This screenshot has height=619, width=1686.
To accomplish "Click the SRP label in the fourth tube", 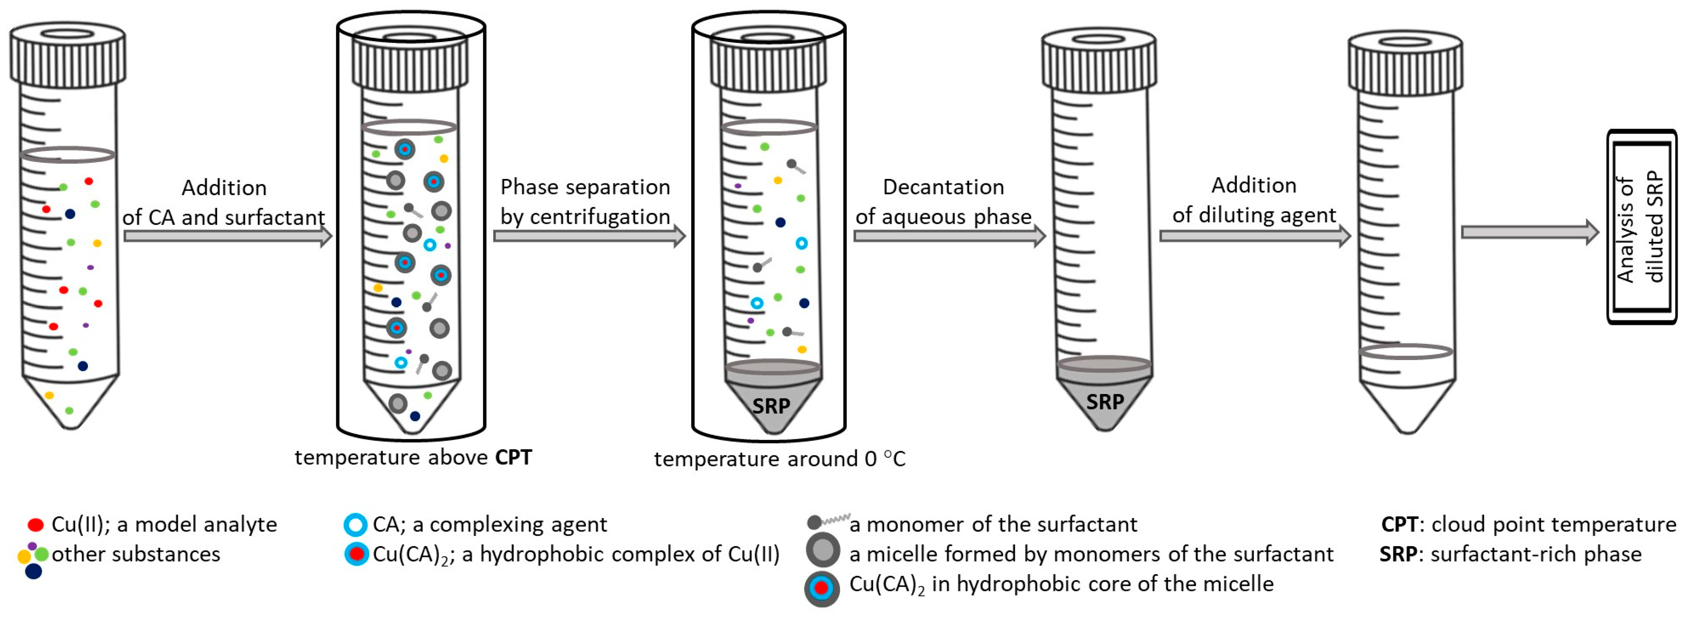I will pyautogui.click(x=1105, y=402).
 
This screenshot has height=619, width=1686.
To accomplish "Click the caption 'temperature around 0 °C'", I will pyautogui.click(x=779, y=459).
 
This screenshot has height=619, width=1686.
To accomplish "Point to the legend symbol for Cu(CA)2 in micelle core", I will pyautogui.click(x=821, y=588).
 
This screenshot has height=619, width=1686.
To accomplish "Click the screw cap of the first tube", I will pyautogui.click(x=67, y=55).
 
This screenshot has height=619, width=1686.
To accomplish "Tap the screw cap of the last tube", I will pyautogui.click(x=1405, y=63).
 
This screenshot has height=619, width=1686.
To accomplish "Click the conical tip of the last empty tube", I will pyautogui.click(x=1407, y=409).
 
